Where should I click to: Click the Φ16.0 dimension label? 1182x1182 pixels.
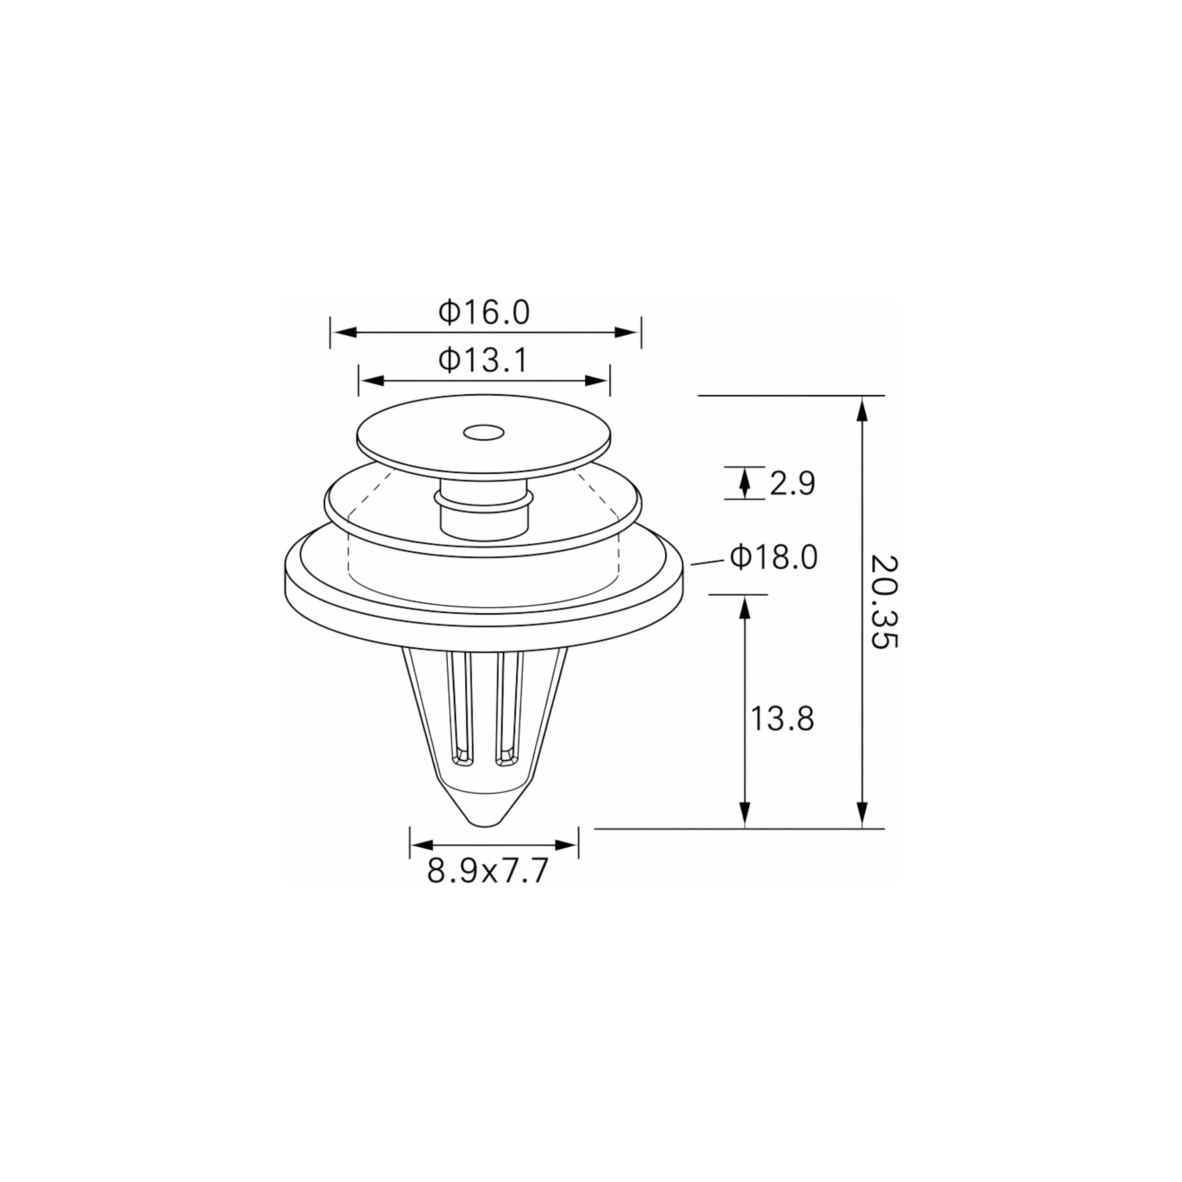pyautogui.click(x=484, y=312)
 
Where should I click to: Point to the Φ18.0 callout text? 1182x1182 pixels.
pyautogui.click(x=774, y=557)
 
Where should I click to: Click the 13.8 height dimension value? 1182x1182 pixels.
pyautogui.click(x=782, y=719)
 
